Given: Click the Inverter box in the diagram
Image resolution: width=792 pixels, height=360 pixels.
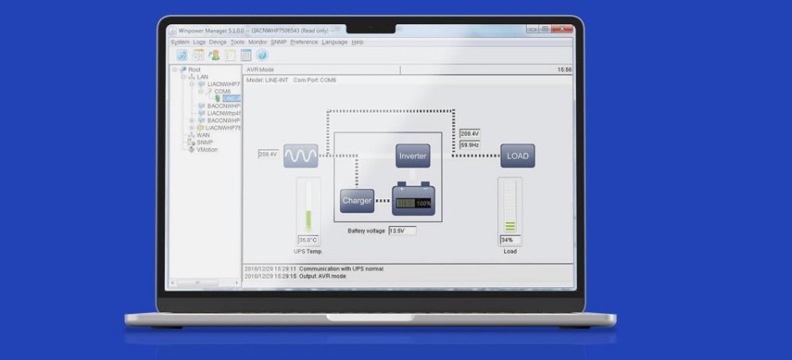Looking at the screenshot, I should (x=413, y=156).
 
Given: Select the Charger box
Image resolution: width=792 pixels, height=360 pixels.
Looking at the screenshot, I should (x=357, y=201).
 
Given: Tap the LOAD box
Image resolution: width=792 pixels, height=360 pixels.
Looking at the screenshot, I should (x=517, y=156).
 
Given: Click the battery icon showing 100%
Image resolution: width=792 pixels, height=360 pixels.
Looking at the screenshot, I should (x=414, y=201).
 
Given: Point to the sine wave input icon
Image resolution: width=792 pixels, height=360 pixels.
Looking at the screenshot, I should (x=301, y=155).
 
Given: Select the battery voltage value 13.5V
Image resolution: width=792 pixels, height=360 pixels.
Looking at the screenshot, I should (x=401, y=230).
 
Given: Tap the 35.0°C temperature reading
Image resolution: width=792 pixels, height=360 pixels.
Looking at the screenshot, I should (x=308, y=240).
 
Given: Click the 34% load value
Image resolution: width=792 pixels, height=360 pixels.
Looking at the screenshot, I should (x=509, y=240).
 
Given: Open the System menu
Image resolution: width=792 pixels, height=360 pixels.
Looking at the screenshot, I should (x=180, y=42).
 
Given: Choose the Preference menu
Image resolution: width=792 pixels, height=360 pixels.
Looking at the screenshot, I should (x=304, y=42).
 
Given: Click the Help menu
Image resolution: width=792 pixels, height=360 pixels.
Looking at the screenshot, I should (x=357, y=42).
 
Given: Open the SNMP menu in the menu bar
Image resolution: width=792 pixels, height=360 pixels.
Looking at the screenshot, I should (x=279, y=42).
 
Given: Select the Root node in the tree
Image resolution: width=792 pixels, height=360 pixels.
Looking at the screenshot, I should (x=194, y=69).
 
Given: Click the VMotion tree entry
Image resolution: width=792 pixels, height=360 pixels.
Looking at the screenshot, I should (x=207, y=150).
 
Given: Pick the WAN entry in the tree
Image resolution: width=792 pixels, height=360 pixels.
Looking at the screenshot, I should (x=203, y=135).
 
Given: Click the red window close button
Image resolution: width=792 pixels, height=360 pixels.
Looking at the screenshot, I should (x=567, y=29).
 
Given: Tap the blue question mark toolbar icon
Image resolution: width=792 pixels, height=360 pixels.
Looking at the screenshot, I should (x=261, y=55).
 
